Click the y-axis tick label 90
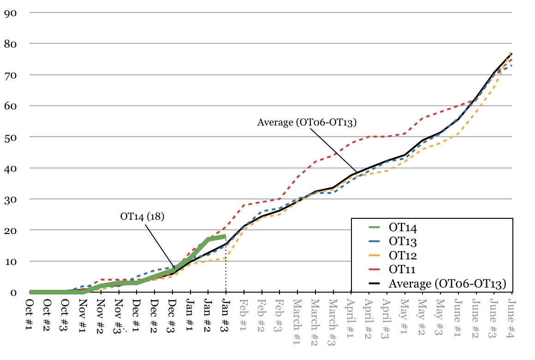point(10,12)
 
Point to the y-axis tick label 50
point(10,137)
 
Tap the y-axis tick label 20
point(10,230)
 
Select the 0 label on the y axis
point(13,293)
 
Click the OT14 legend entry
point(403,227)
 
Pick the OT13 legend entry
point(403,241)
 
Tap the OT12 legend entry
point(403,255)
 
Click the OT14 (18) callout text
point(143,216)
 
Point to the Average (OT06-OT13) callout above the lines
point(307,122)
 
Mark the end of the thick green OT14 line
point(226,236)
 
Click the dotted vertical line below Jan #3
point(226,272)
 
